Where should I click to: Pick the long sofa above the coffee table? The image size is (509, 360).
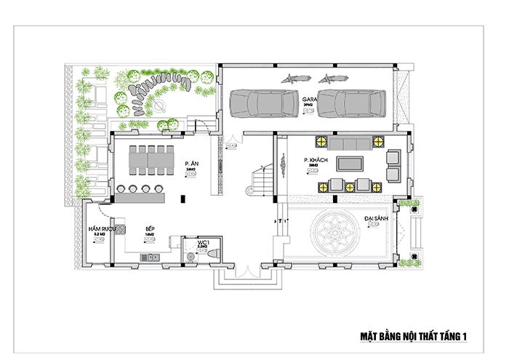[x=350, y=141]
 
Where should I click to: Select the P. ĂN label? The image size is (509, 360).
[x=192, y=164]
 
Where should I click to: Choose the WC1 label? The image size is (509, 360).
[x=203, y=241]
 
